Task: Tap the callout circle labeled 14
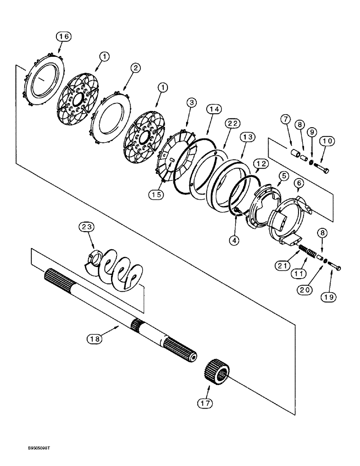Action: [x=214, y=110]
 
